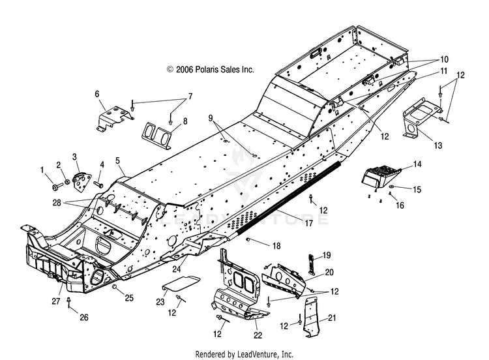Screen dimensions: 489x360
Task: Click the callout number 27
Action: click(56, 301)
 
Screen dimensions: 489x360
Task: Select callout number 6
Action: click(97, 94)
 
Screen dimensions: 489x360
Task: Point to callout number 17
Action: click(308, 223)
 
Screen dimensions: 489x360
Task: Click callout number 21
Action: click(333, 318)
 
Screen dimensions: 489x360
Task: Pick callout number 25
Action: click(129, 298)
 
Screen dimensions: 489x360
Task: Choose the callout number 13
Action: click(438, 145)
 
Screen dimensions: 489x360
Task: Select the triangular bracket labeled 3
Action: click(81, 183)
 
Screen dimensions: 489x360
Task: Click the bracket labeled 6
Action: click(113, 117)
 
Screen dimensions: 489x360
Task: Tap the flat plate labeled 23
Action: click(181, 282)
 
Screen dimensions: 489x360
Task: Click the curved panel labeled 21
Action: click(311, 316)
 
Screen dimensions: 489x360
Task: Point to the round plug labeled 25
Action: click(115, 287)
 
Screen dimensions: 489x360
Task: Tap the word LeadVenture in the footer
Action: click(258, 354)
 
